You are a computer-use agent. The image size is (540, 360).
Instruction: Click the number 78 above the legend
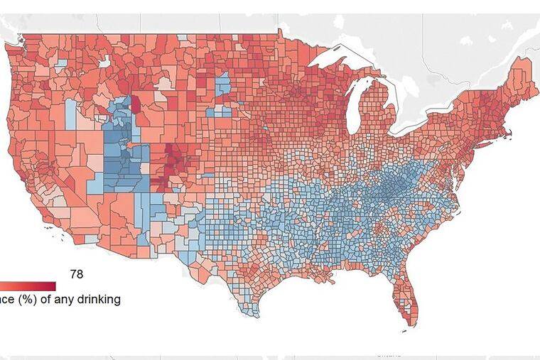click(x=77, y=273)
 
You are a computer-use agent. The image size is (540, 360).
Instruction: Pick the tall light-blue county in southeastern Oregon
click(x=70, y=114)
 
